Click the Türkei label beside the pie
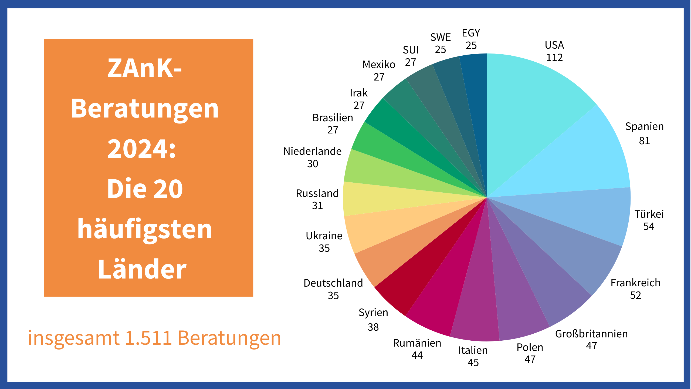pos(649,214)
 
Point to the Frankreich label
pos(635,283)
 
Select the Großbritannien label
pos(591,334)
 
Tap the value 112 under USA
pos(554,58)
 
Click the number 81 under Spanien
pos(644,141)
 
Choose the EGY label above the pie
pos(471,33)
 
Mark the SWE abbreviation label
pos(441,37)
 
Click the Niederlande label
pos(312,151)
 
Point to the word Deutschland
pos(333,283)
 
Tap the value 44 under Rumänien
pos(417,355)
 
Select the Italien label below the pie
pos(473,350)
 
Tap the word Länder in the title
pos(142,269)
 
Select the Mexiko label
pos(379,65)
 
